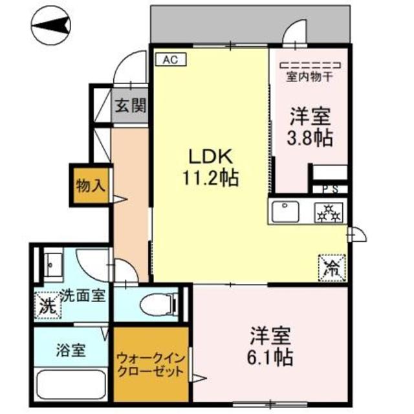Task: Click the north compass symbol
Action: [x=50, y=27]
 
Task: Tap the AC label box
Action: [x=169, y=59]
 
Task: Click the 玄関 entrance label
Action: [x=130, y=105]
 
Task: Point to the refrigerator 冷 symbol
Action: [x=331, y=267]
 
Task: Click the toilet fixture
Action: [x=158, y=303]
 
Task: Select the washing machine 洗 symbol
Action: [x=47, y=304]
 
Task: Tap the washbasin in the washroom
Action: [x=52, y=265]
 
